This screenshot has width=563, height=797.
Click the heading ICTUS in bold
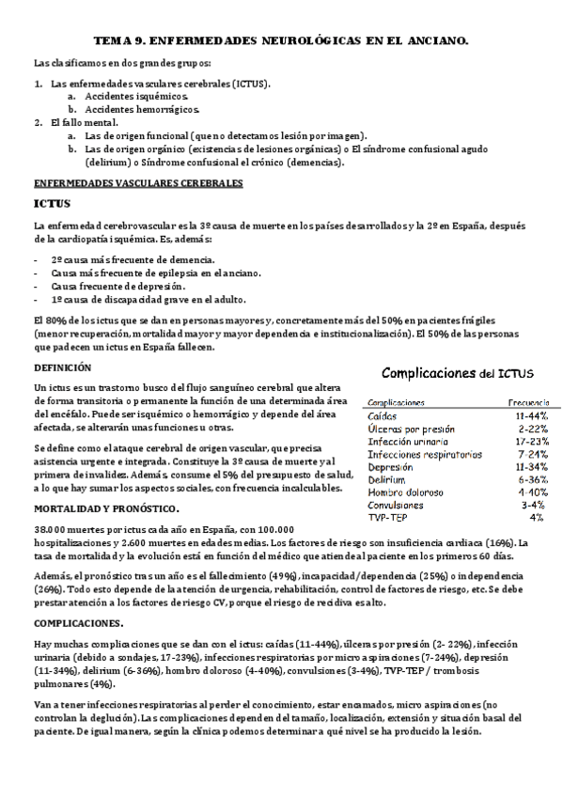(x=53, y=202)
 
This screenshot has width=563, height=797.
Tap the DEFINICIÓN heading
(x=63, y=367)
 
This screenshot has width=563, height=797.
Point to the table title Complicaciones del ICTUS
(x=449, y=374)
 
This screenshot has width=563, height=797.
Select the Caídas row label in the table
(x=382, y=415)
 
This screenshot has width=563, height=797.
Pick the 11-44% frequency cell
(x=531, y=415)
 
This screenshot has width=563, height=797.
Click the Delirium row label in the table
(x=386, y=479)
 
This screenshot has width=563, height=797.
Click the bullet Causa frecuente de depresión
(x=118, y=286)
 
